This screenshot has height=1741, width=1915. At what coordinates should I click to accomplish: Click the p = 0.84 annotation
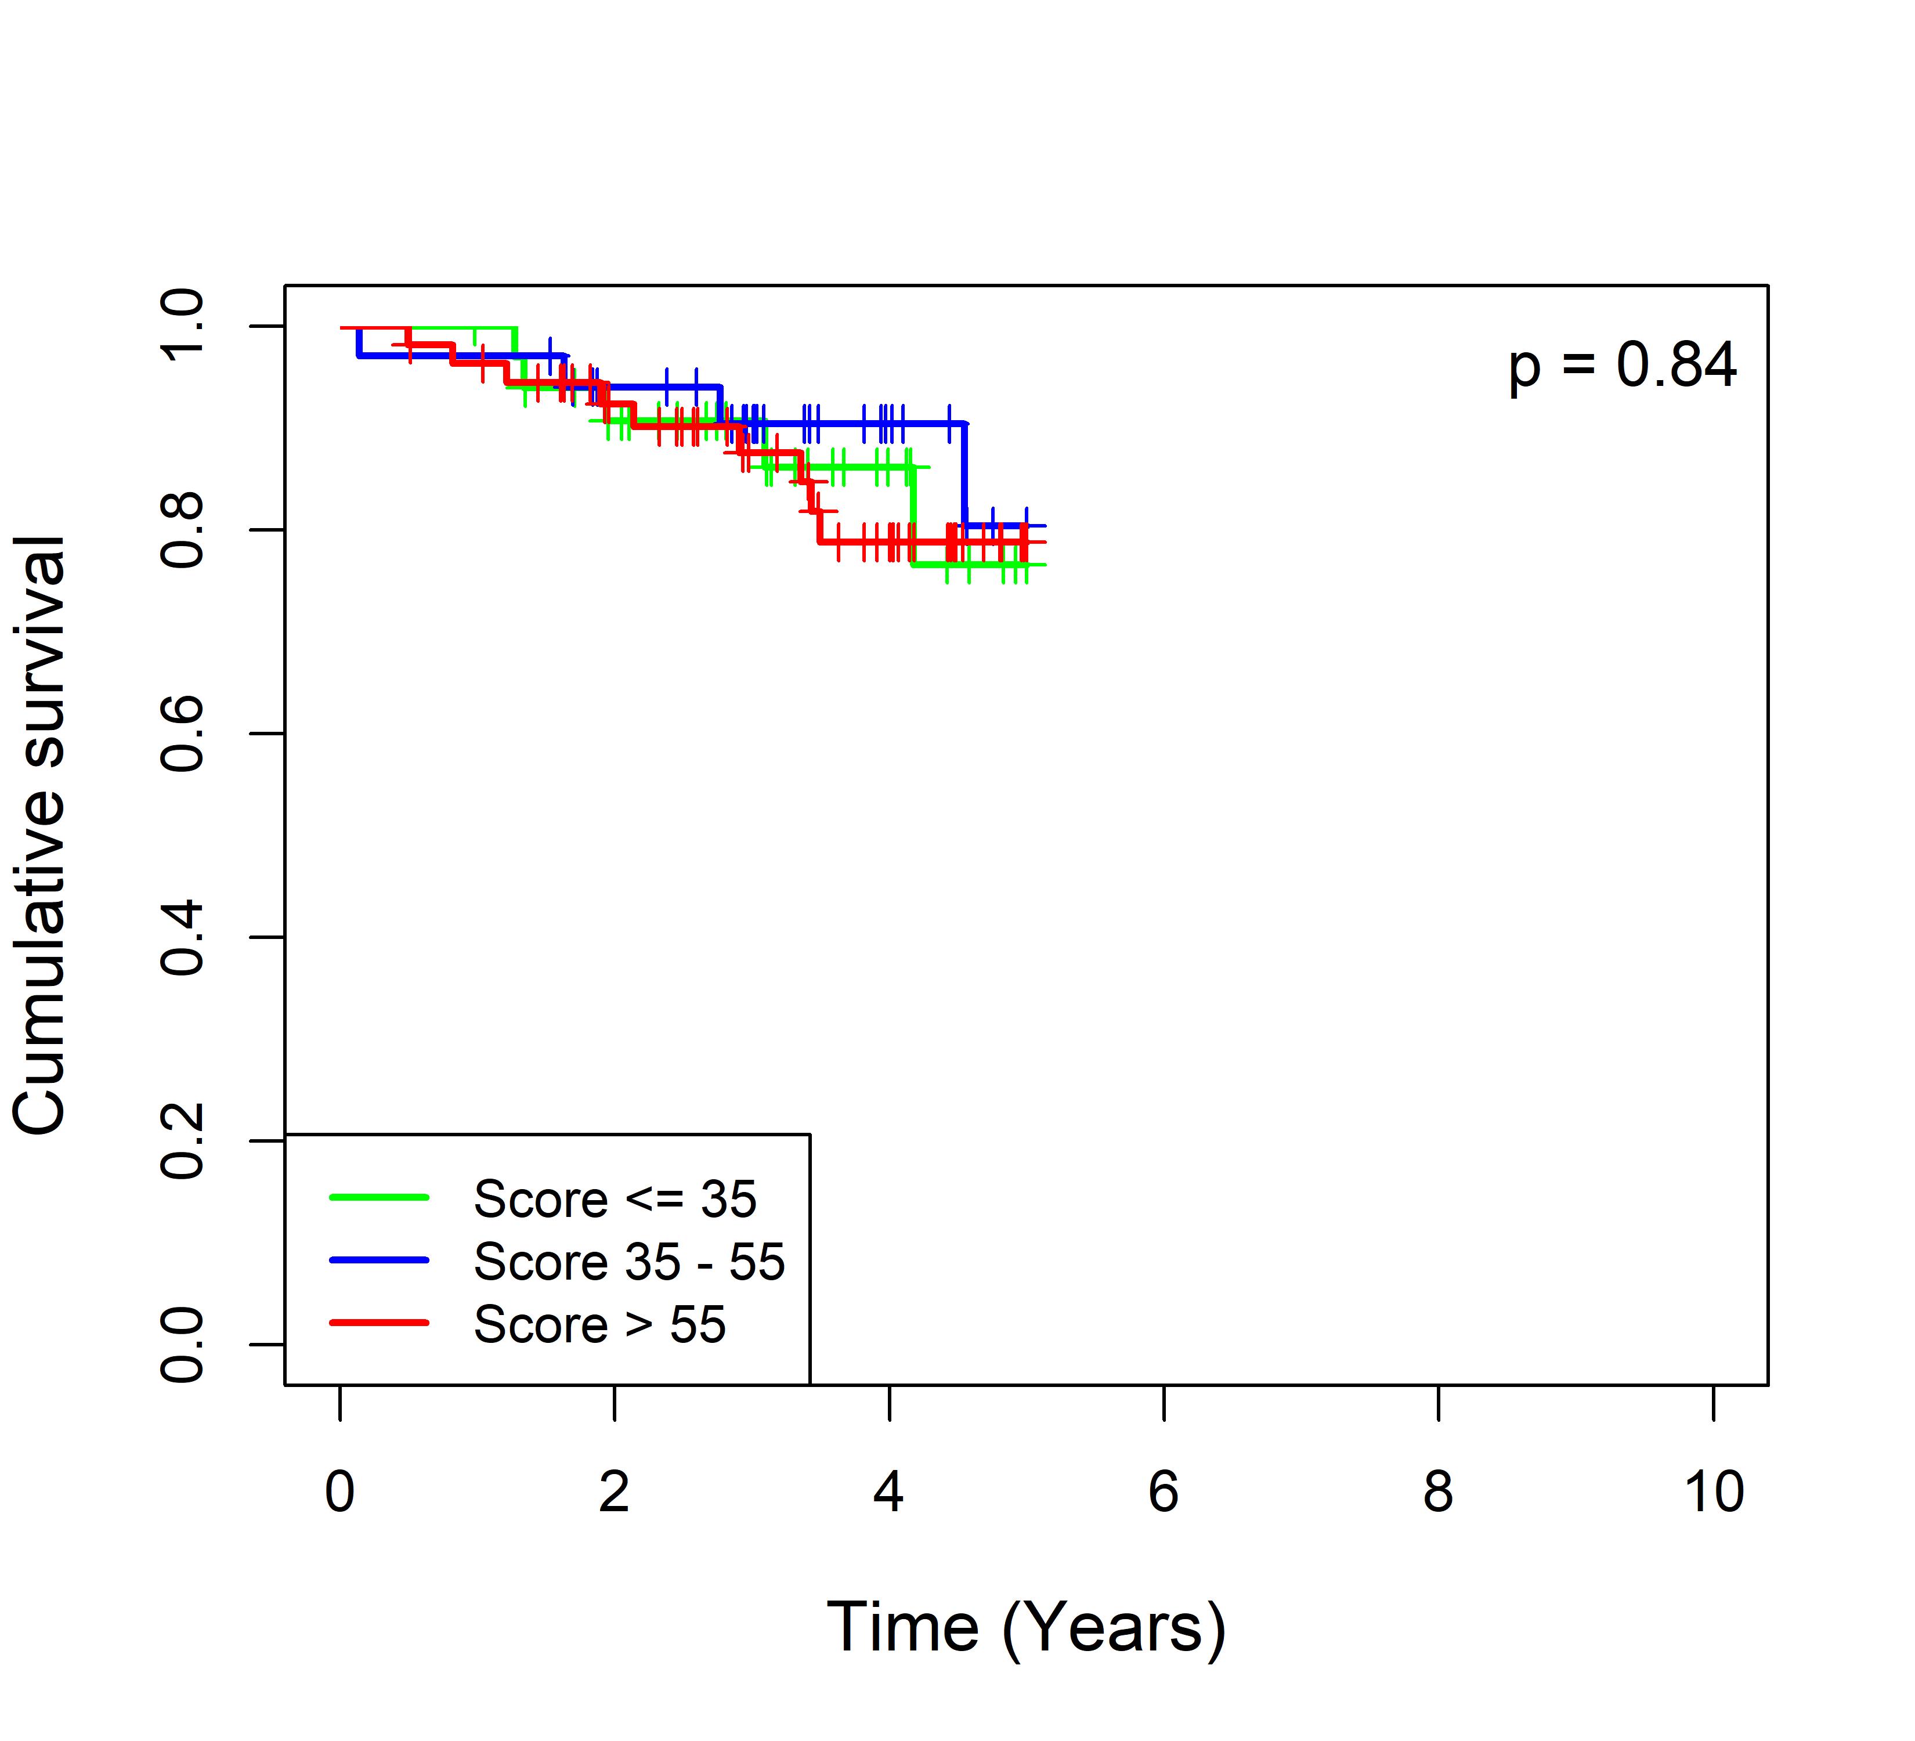[x=1623, y=366]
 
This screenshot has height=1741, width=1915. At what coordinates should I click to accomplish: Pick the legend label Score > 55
[x=599, y=1324]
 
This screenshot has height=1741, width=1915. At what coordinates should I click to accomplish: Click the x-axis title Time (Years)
[x=1026, y=1627]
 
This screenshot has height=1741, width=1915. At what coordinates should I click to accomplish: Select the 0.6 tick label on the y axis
[x=182, y=734]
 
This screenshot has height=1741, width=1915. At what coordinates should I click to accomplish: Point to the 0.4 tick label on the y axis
[x=182, y=937]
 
